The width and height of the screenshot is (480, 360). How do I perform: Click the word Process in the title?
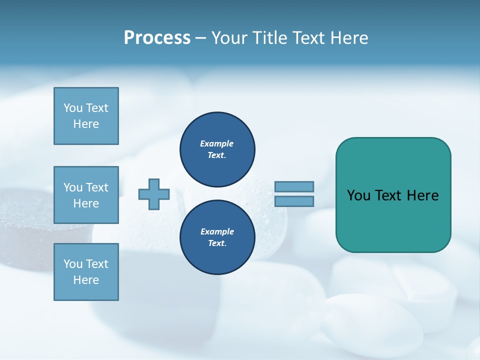click(x=157, y=38)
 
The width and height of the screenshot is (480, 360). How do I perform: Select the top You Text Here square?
click(x=86, y=116)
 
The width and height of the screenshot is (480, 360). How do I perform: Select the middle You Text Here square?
click(x=86, y=195)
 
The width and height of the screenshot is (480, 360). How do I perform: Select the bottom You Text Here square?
click(x=86, y=272)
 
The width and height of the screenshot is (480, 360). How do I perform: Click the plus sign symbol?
click(x=154, y=194)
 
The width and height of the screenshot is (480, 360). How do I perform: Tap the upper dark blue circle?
click(x=217, y=149)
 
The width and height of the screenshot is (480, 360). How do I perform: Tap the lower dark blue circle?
click(x=217, y=237)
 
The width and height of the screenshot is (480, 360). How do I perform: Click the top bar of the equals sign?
click(x=294, y=186)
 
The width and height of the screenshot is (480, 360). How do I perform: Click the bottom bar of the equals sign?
click(x=294, y=201)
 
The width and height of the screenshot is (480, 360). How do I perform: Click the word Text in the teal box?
click(x=389, y=195)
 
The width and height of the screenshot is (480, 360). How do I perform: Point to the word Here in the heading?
click(x=348, y=38)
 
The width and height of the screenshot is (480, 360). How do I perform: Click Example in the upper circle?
click(x=216, y=143)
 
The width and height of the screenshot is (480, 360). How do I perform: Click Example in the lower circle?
click(x=217, y=231)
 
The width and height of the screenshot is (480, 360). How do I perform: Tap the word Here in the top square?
click(x=86, y=124)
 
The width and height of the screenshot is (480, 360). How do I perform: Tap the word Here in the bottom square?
click(x=86, y=280)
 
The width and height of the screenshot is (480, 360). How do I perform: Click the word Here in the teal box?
click(x=422, y=195)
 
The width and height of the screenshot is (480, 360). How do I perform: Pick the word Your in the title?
click(x=229, y=38)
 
